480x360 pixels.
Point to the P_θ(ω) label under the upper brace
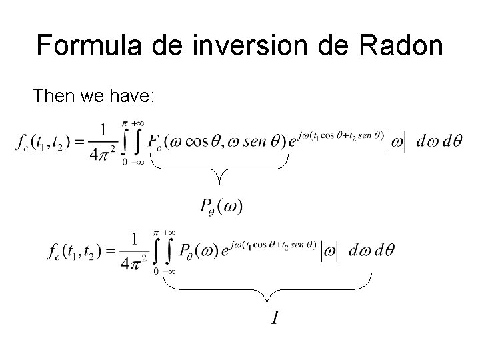tap(221, 207)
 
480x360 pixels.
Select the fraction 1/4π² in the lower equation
tap(135, 250)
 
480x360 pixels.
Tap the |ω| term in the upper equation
tap(396, 141)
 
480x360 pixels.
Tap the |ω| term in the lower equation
tap(330, 251)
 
